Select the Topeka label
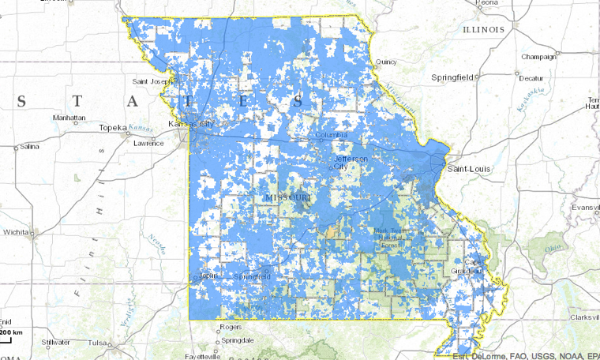click(113, 128)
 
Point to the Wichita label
click(16, 234)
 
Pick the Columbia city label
click(332, 135)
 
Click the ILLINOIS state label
click(484, 29)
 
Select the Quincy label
click(386, 62)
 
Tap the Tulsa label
click(97, 343)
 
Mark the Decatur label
click(534, 78)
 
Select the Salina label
click(29, 146)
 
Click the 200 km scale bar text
click(11, 333)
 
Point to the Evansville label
click(586, 207)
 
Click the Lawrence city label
click(148, 143)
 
